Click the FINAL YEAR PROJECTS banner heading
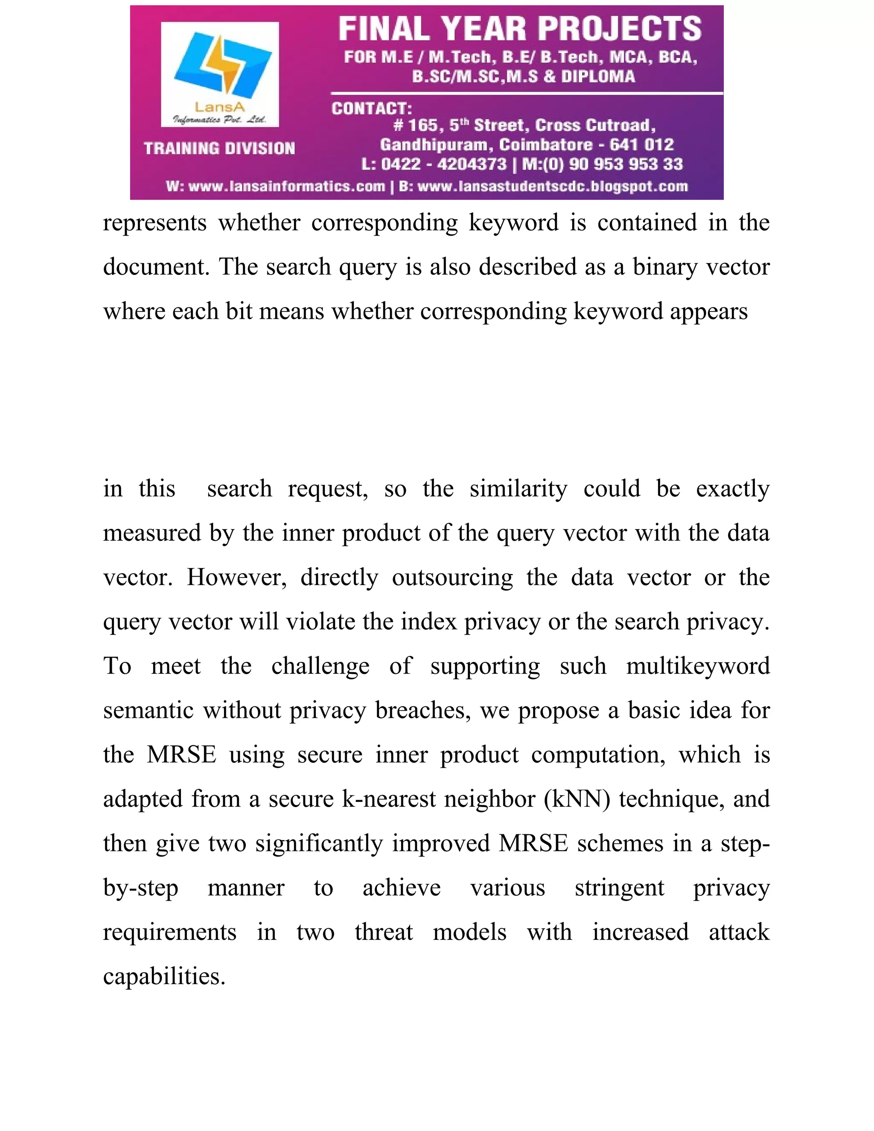(x=520, y=29)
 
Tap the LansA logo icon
(x=223, y=65)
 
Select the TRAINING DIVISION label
(x=219, y=149)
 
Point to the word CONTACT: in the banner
(x=372, y=109)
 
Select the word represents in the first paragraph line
(x=154, y=223)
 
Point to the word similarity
(x=518, y=489)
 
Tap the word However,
(x=236, y=577)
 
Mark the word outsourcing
(x=452, y=577)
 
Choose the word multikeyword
(x=698, y=666)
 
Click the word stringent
(x=619, y=888)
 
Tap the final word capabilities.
(x=164, y=977)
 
